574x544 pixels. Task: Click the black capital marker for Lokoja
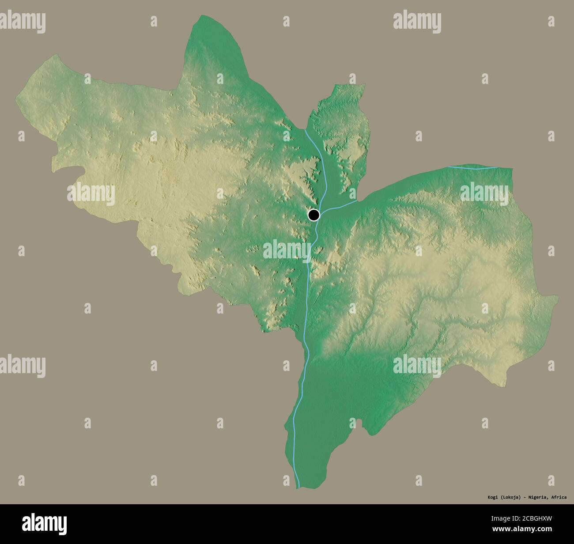(x=313, y=215)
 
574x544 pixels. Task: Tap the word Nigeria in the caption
(x=537, y=497)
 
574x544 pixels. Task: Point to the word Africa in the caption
(x=559, y=497)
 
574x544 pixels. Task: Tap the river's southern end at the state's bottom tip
(x=298, y=487)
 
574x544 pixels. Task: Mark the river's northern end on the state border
(x=306, y=130)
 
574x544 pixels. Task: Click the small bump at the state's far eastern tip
(x=555, y=299)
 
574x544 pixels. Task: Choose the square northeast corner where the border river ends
(x=512, y=168)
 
